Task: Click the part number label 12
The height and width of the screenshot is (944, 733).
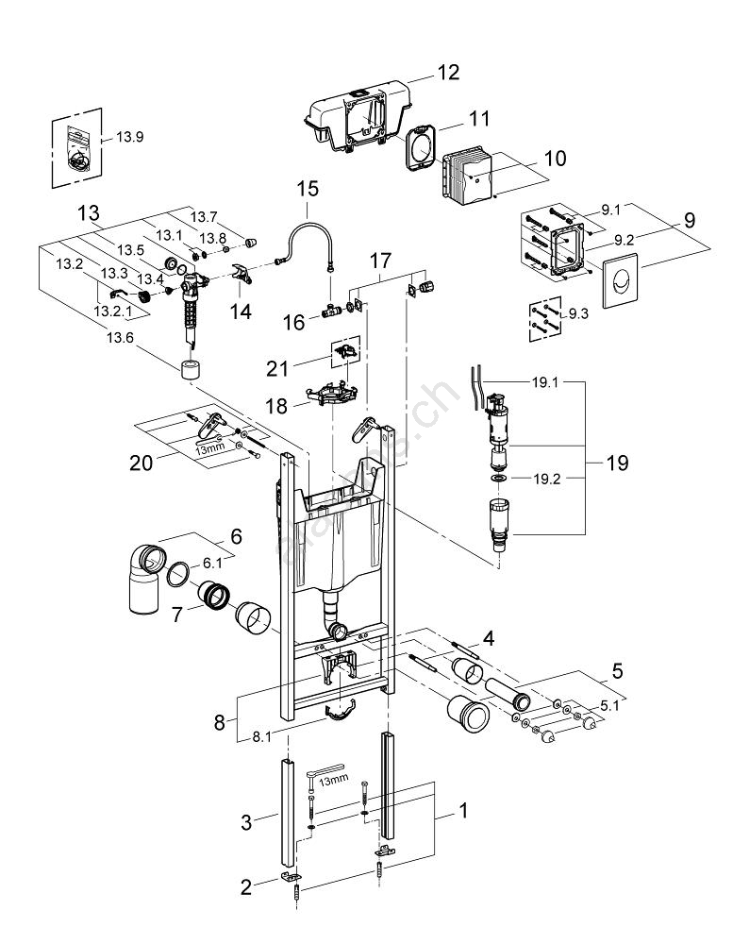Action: pos(447,72)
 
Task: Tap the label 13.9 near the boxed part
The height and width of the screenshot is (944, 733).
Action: pos(129,137)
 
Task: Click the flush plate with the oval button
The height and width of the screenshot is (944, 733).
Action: pos(618,281)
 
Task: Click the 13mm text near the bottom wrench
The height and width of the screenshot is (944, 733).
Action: pos(333,781)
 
